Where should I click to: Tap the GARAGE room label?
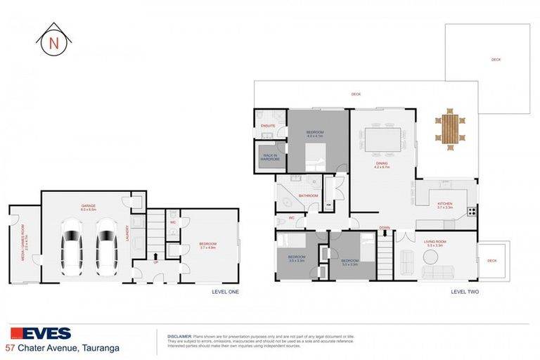pos(88,206)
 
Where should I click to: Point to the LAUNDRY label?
pos(127,231)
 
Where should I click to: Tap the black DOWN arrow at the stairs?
pos(385,233)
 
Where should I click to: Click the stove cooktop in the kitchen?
pos(472,210)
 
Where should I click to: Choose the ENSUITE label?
pos(268,126)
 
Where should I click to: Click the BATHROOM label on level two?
pos(309,195)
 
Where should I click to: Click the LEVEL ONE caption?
pos(225,291)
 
